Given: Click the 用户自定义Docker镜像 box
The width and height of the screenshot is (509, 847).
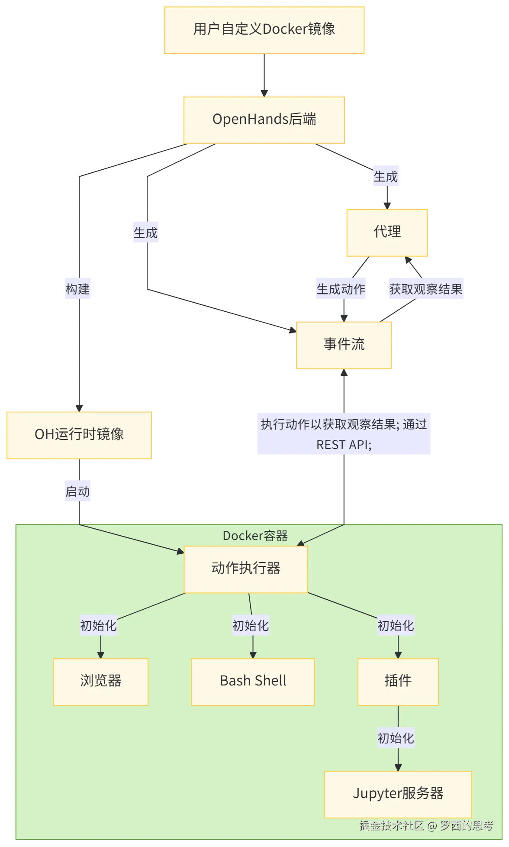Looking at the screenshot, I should pos(264,29).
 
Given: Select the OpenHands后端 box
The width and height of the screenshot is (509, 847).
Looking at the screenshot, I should pos(264,120).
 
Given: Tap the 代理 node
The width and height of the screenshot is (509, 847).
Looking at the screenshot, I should pos(387,232).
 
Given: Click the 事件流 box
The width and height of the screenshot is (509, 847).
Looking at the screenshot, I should pos(344,345).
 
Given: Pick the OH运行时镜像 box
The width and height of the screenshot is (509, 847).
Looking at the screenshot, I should pos(79,434).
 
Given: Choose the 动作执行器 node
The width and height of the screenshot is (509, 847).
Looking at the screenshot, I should pos(246,569).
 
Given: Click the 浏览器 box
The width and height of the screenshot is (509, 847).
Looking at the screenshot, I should pos(100,681).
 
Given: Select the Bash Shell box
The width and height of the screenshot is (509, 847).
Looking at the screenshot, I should pos(253,681).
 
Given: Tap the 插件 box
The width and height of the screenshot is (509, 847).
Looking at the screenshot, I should pos(398,681).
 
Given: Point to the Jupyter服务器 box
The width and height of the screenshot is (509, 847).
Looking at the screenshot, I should pos(398,794).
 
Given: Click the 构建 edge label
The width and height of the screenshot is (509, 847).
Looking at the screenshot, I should pos(77,289).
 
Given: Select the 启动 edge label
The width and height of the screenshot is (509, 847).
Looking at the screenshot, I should pos(77,492).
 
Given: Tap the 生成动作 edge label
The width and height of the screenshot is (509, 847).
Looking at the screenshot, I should pos(341,289).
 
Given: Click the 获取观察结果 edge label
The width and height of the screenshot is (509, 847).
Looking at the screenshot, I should pos(426,289).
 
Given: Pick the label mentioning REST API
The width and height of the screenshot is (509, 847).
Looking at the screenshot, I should pos(344,434).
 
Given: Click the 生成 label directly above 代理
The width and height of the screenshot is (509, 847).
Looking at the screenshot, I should pos(386,177).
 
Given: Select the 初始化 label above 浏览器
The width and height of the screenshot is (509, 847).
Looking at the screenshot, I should pos(98,626).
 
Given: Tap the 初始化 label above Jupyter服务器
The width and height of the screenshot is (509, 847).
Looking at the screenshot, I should pos(396,738).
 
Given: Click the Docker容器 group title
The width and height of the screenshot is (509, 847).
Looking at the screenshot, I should pos(255,536).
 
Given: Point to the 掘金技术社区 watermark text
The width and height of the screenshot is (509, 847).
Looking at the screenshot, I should pos(391,825).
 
